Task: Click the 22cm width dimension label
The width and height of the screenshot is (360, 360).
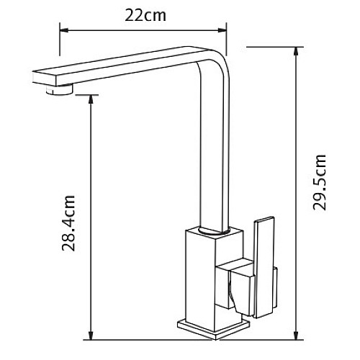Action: point(143,14)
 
